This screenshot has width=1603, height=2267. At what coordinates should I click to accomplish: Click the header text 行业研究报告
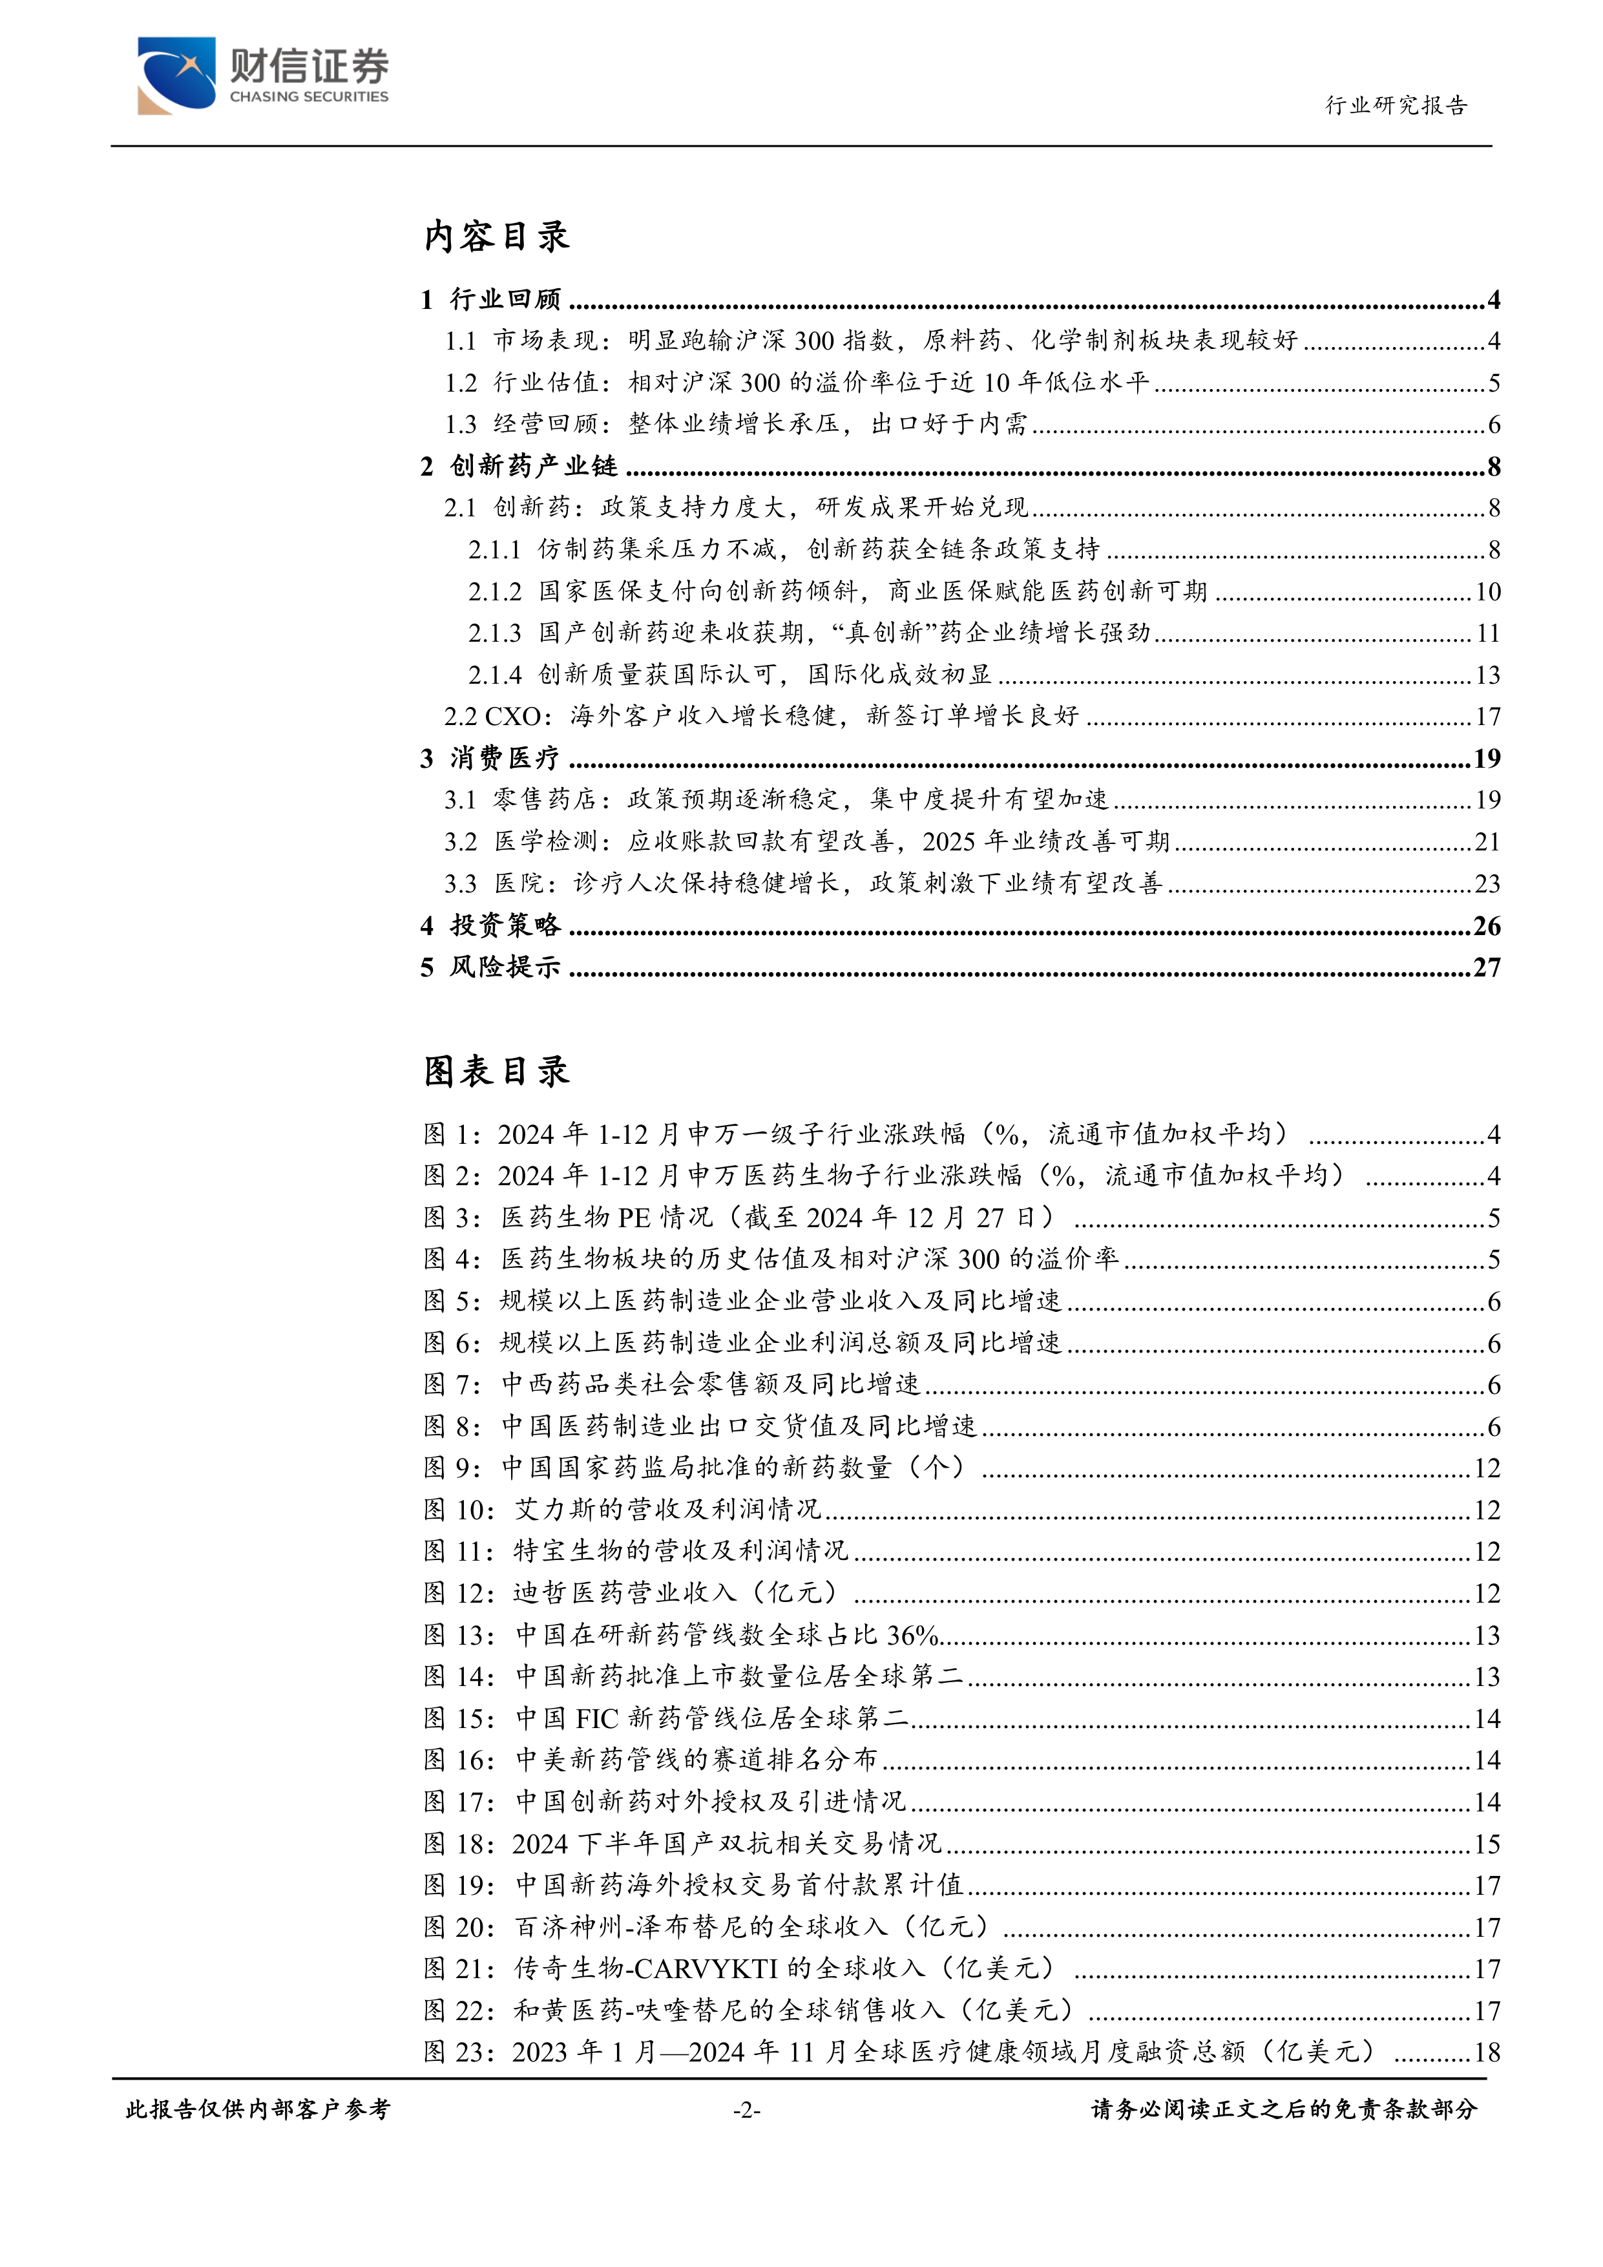tap(1396, 105)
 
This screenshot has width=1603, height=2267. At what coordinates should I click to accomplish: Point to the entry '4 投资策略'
tap(490, 925)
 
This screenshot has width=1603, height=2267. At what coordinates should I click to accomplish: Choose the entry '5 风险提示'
tap(490, 967)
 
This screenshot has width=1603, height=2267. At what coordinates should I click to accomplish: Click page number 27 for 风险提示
tap(1487, 967)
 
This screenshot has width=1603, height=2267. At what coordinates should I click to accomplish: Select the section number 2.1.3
tap(494, 633)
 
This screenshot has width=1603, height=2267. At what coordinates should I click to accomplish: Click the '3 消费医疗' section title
tap(490, 758)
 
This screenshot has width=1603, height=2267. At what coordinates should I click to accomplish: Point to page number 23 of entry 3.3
tap(1487, 883)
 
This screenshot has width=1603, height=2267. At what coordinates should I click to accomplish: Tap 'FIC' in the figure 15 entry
tap(596, 1719)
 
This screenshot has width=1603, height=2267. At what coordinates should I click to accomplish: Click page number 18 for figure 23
tap(1487, 2052)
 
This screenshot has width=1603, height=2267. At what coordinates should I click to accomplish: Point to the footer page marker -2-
tap(746, 2110)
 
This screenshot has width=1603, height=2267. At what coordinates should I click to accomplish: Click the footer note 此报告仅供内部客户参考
tap(258, 2110)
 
